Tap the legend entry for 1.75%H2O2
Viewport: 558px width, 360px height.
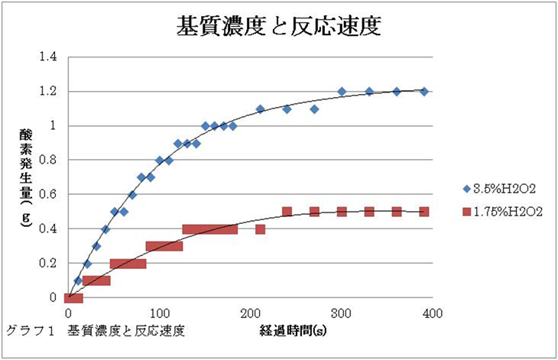504,212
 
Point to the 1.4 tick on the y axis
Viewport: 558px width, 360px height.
47,57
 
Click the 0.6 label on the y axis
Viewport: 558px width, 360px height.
47,195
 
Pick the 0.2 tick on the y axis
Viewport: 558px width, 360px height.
47,264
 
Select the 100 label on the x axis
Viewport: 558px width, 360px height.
159,313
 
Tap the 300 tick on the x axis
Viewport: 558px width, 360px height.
342,313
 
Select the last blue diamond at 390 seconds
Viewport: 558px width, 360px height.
424,92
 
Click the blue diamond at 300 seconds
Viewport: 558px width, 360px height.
342,92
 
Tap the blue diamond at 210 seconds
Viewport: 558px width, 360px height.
260,109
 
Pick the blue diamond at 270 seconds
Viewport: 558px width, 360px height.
314,109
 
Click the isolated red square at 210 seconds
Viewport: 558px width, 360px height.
260,229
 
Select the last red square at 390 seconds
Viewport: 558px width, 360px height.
424,212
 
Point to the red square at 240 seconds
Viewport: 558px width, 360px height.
287,212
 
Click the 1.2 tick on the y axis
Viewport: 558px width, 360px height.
47,92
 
